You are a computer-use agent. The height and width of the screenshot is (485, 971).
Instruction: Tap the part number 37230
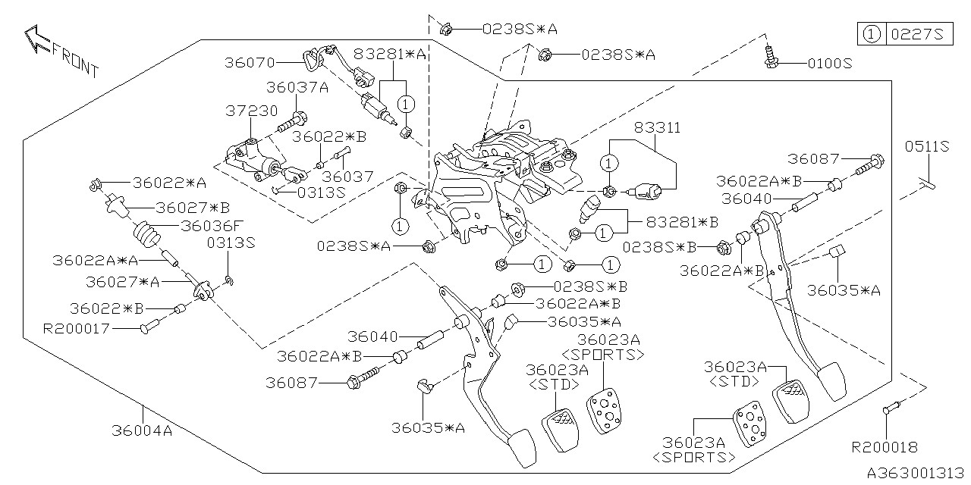tap(251, 111)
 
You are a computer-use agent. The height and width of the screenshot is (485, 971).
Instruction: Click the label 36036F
tap(213, 225)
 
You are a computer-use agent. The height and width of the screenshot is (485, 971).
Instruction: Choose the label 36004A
tap(142, 431)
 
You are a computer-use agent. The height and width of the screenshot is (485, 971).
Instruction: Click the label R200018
tap(885, 448)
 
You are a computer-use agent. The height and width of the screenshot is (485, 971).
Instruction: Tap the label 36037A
tap(297, 87)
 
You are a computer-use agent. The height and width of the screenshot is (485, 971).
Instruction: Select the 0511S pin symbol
tap(927, 183)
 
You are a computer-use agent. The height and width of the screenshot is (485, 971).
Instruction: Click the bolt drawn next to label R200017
tap(148, 328)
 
